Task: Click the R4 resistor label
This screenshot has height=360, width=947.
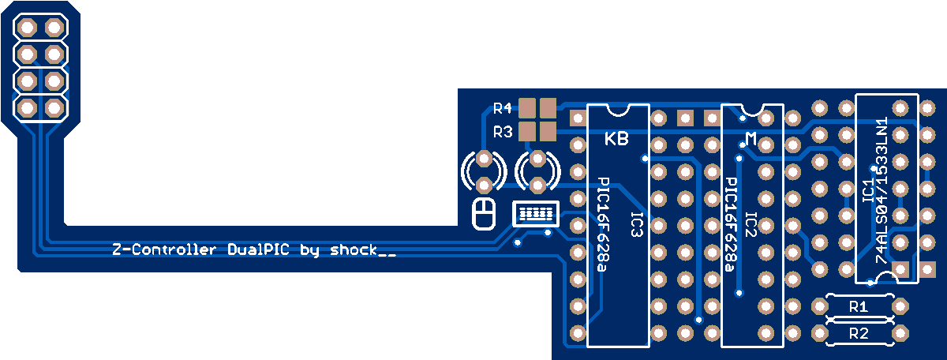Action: coord(502,108)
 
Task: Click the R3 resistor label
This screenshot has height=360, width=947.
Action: coord(502,131)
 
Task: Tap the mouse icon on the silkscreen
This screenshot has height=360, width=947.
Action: coord(483,214)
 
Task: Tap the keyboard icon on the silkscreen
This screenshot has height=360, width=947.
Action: coord(534,213)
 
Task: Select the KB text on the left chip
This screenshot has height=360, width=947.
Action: coord(616,140)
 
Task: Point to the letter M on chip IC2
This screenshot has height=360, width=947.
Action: coord(751,140)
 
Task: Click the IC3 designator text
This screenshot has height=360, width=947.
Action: coord(636,224)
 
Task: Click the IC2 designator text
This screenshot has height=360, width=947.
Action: coord(750,224)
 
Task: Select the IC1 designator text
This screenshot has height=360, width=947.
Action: coord(867,193)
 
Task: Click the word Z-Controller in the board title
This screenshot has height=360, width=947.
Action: coord(163,250)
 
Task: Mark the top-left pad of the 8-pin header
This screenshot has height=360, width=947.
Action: coord(27,28)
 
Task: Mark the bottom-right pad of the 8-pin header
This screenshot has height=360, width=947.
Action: coord(54,107)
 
